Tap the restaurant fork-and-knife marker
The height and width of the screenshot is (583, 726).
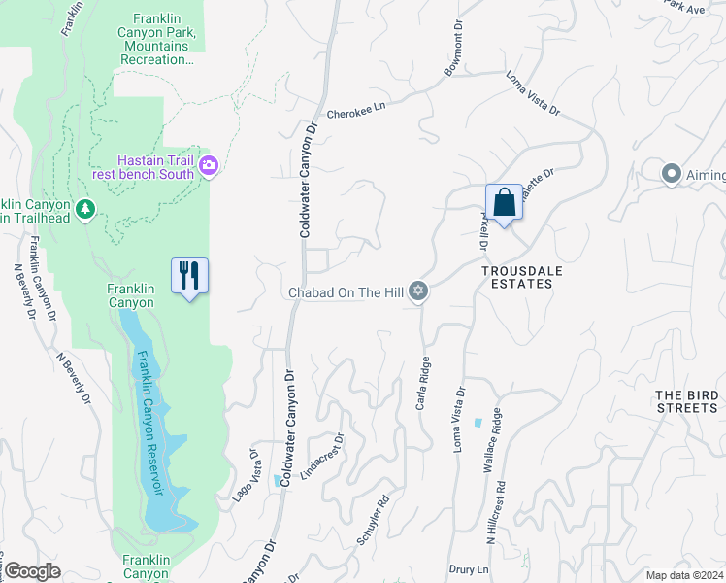[189, 276]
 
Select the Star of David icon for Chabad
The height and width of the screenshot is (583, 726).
[418, 291]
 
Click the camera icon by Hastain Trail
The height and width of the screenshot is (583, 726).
[208, 167]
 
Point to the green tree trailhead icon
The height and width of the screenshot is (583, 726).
[85, 209]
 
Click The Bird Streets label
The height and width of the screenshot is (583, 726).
[686, 401]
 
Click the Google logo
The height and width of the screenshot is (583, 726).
[32, 572]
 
